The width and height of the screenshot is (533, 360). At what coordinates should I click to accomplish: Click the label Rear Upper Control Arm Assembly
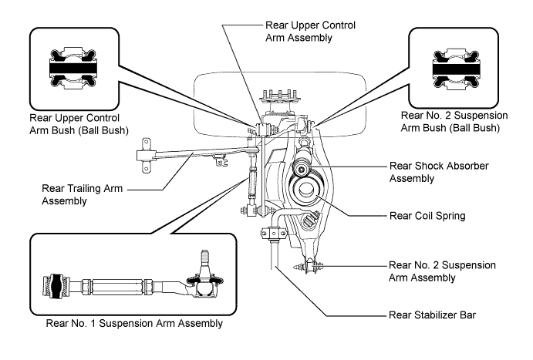point(309,32)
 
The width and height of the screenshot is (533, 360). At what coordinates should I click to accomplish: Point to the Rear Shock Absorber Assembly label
point(437,172)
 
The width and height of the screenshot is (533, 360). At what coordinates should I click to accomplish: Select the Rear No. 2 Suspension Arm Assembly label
point(440,271)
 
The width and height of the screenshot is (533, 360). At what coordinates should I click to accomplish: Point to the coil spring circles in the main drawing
point(307,188)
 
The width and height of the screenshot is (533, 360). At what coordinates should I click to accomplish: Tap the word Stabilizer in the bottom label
point(426,315)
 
